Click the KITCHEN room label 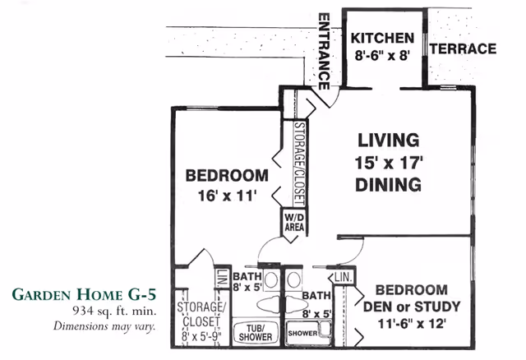(382, 39)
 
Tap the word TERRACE (463, 49)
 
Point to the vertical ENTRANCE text (324, 51)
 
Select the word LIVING (389, 141)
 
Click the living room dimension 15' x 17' (389, 163)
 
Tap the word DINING (389, 185)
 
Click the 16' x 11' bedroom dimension (227, 196)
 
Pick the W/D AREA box (294, 223)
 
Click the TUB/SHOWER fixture (256, 332)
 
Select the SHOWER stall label (303, 333)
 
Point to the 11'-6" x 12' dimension (412, 324)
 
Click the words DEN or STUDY (412, 307)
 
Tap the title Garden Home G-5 (84, 294)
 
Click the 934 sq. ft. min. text (114, 311)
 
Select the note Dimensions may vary (104, 325)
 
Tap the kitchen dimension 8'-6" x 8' (382, 55)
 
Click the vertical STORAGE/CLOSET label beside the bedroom (299, 164)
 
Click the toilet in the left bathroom (269, 304)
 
